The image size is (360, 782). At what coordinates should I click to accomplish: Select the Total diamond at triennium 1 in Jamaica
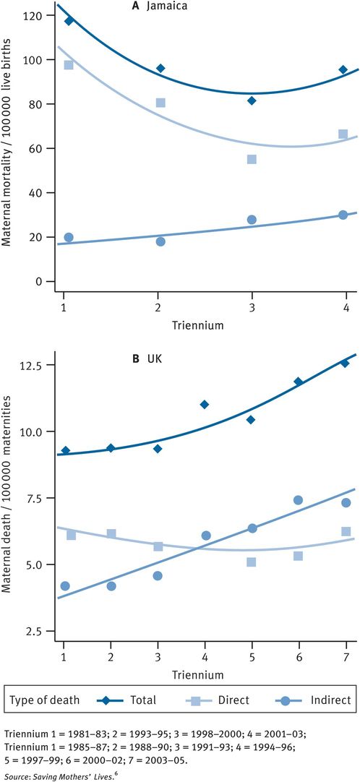(x=69, y=21)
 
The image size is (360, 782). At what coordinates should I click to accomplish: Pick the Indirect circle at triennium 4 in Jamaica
(x=343, y=215)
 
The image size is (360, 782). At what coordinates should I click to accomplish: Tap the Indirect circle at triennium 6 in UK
(x=298, y=500)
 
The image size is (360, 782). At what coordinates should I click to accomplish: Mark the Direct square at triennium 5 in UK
(x=251, y=562)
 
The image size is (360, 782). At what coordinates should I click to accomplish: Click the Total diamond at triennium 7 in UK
(x=345, y=364)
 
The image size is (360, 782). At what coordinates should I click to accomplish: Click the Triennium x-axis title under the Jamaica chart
(x=197, y=325)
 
